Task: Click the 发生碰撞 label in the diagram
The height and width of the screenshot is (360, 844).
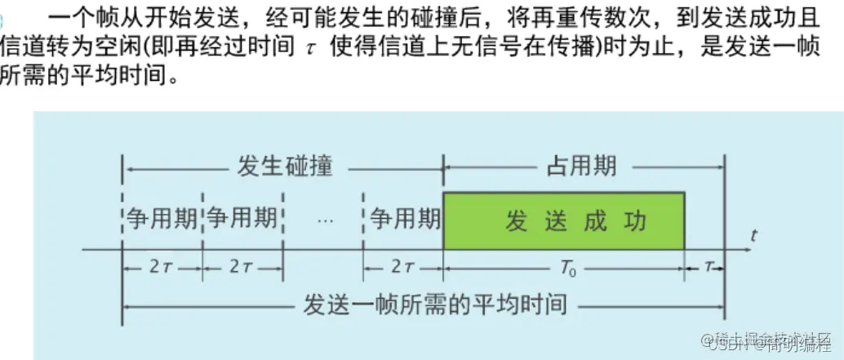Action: pos(285,166)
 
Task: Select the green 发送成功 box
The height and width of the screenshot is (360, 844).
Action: pos(563,220)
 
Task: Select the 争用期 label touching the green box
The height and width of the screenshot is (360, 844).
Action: pos(405,219)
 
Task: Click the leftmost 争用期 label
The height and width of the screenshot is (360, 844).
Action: pos(162,219)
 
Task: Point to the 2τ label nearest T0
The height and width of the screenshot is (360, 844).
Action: pos(403,267)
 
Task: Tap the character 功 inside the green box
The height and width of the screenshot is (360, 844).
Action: pos(633,220)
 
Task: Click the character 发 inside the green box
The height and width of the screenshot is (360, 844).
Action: pos(516,220)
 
